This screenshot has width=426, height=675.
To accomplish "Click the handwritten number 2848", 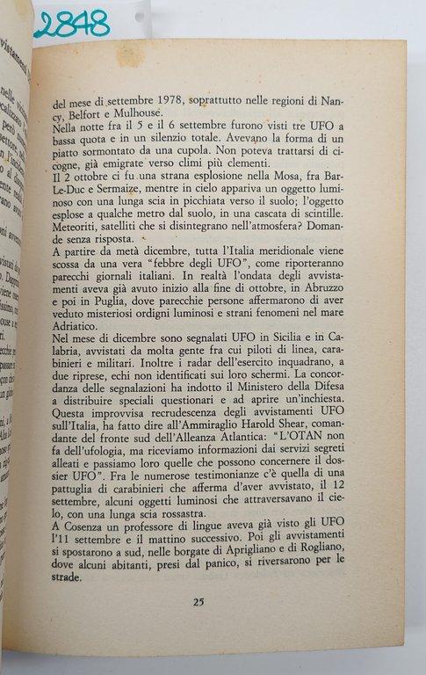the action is click(x=72, y=23).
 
